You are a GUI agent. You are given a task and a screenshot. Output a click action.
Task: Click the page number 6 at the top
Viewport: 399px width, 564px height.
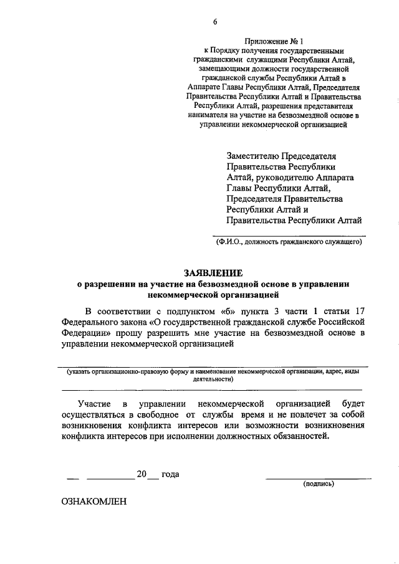215,22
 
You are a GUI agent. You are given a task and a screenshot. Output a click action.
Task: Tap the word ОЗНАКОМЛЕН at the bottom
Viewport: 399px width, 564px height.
94,500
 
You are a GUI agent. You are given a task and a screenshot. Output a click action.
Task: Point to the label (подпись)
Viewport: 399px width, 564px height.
319,484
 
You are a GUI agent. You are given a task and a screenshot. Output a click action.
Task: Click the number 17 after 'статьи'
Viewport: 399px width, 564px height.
358,311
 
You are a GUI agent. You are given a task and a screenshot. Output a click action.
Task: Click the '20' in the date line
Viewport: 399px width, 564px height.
142,474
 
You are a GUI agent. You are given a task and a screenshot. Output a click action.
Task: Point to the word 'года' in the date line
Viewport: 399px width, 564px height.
170,474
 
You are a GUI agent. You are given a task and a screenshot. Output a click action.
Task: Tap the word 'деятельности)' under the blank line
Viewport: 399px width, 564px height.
213,379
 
